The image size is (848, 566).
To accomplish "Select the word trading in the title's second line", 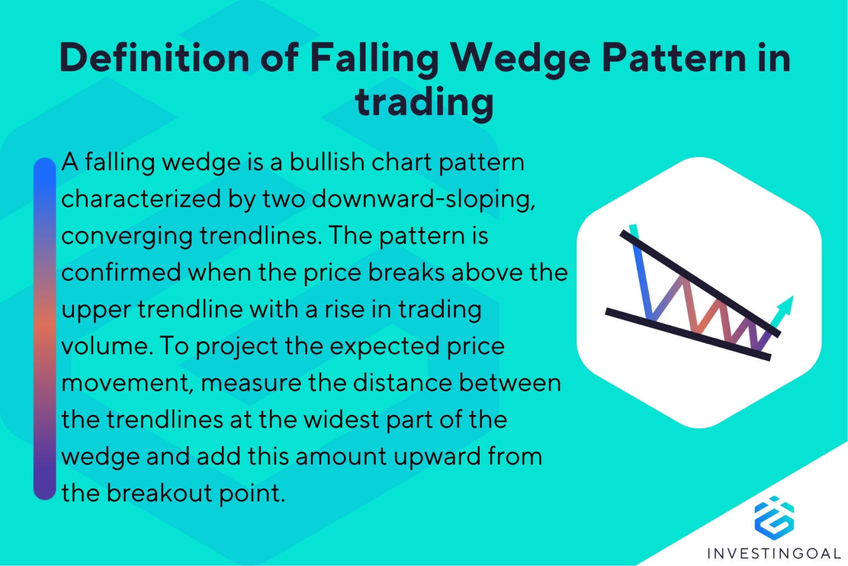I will (424, 102).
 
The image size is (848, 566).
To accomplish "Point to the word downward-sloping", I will (423, 199).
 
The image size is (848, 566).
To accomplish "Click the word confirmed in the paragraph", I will (121, 272).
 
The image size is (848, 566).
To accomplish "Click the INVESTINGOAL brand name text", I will (774, 553).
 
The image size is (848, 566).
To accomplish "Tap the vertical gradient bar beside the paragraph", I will (45, 329).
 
